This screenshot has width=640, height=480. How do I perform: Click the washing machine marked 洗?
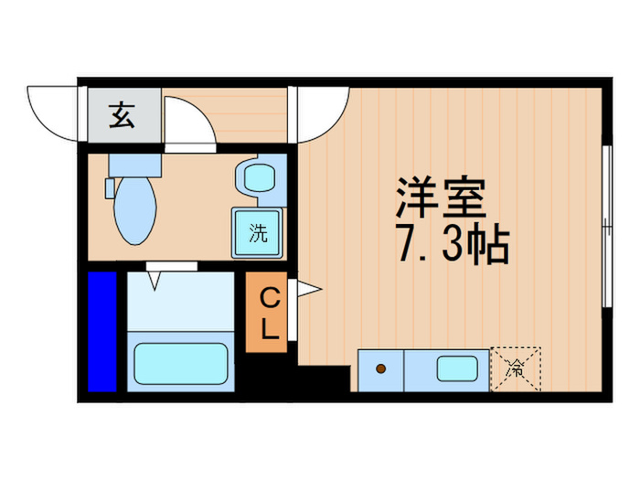pyautogui.click(x=258, y=232)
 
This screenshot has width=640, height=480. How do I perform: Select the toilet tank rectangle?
pyautogui.click(x=133, y=165)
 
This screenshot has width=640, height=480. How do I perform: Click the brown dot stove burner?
pyautogui.click(x=379, y=368)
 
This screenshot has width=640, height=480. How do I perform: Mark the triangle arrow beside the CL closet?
pyautogui.click(x=309, y=290)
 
